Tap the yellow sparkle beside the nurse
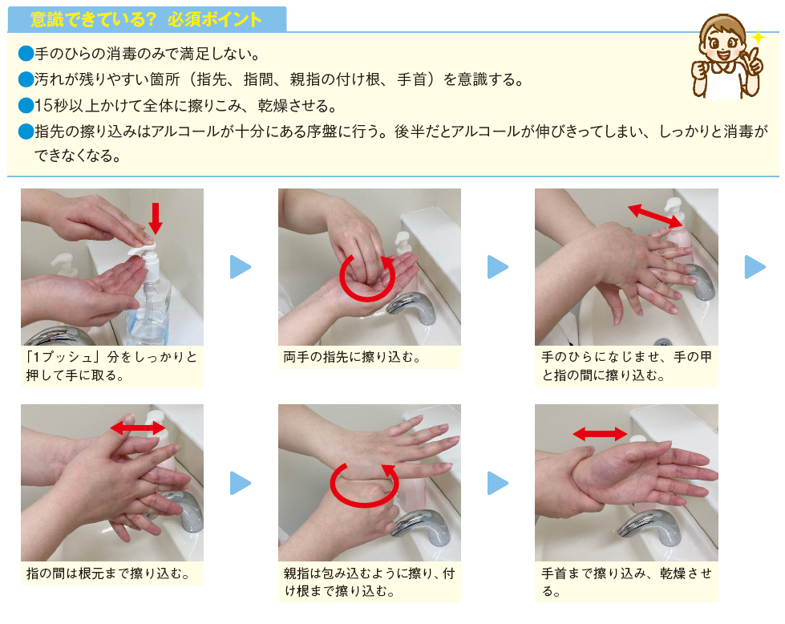(758, 38)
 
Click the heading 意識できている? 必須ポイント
(146, 19)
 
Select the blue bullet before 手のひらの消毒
(26, 53)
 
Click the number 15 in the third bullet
(43, 106)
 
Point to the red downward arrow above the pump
(156, 218)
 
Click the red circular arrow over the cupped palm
(367, 278)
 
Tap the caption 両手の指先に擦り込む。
(352, 357)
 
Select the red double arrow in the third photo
(656, 216)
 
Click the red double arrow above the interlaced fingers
(138, 427)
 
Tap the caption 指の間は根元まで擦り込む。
(108, 573)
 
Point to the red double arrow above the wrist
(600, 434)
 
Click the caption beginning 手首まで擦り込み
(626, 582)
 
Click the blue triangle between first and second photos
(241, 267)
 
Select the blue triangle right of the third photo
(755, 267)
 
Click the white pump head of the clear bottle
(142, 250)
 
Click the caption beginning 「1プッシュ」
(111, 366)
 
